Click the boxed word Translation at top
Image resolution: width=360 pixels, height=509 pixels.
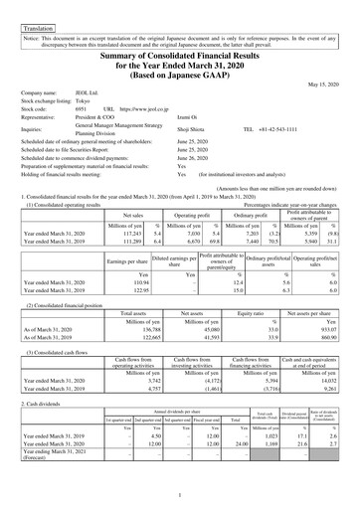(x=28, y=9)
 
